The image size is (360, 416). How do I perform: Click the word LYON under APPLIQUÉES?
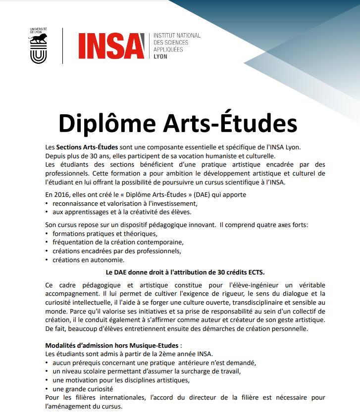coord(161,57)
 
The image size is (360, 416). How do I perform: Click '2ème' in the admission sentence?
coord(148,354)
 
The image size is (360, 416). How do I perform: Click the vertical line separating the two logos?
coord(63,46)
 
